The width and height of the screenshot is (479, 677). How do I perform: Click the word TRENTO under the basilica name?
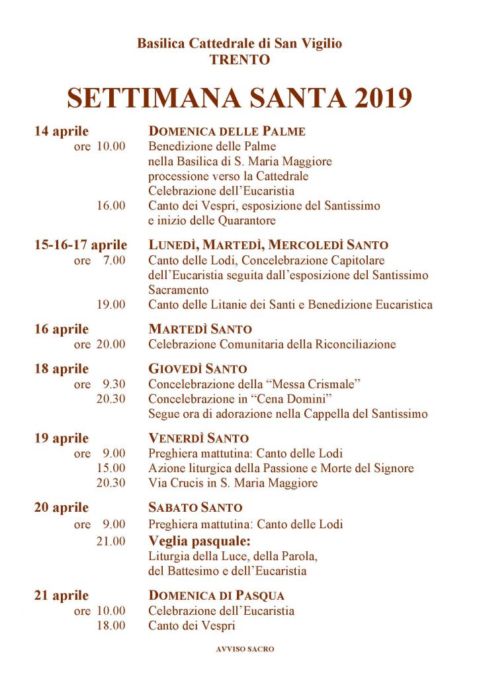239,60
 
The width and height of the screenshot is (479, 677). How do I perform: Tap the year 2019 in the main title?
374,97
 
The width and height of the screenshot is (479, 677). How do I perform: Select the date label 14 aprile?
62,131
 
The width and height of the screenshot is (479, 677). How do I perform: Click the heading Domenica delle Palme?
227,131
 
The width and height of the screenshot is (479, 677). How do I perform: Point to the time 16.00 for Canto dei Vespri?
110,206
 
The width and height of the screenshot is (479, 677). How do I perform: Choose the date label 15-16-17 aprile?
81,245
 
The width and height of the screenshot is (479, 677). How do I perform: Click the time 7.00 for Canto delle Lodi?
114,260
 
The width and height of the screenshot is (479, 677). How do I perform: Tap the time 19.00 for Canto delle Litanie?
110,305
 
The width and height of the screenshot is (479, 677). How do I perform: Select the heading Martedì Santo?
200,329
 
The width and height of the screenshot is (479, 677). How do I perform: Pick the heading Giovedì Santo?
197,369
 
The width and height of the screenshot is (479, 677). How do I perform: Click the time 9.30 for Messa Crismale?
114,384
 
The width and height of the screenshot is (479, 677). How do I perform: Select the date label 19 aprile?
62,438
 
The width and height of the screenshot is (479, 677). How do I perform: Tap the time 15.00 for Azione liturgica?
110,468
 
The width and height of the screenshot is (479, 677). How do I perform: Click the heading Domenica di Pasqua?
217,596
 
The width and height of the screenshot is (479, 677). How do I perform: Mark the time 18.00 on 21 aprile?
110,625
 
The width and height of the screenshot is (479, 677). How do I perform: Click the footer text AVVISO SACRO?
245,649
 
